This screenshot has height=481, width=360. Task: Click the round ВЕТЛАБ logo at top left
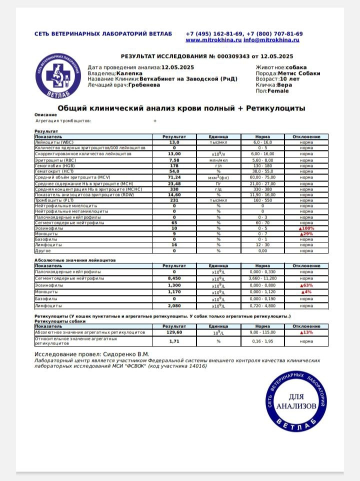(x=57, y=75)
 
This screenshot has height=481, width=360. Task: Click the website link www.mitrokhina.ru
(x=213, y=39)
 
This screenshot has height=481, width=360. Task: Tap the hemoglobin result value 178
(x=174, y=165)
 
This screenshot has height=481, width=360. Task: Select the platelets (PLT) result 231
(x=174, y=200)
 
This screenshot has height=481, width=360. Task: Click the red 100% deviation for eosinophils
(x=306, y=228)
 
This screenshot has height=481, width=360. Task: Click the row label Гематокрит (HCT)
(x=54, y=171)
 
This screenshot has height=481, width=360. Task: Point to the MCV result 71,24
(x=174, y=177)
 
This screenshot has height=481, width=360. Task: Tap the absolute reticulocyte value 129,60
(x=174, y=332)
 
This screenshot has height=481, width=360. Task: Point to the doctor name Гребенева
(x=144, y=85)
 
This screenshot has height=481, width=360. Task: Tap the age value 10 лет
(x=290, y=79)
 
